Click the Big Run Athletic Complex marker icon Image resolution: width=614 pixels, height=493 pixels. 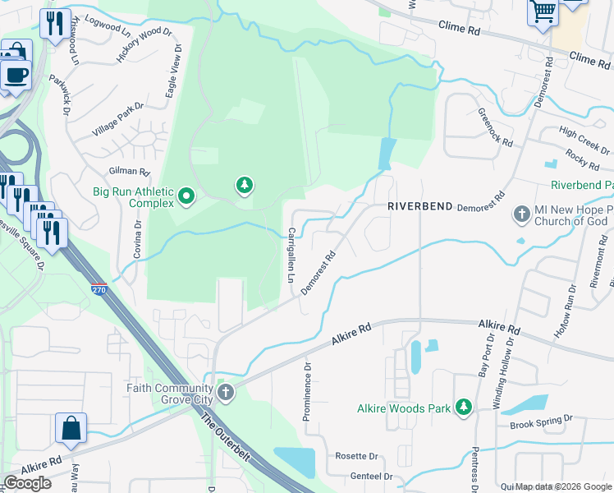coord(186,196)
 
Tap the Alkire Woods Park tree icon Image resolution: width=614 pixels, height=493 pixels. coord(464,408)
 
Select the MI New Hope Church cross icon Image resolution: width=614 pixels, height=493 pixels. coord(520,214)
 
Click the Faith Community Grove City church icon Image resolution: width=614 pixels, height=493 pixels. coord(226,393)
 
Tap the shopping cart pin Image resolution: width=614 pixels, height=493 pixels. coord(543,12)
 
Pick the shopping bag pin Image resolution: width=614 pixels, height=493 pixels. coord(71,428)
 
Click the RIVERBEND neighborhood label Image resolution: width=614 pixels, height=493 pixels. coord(419,207)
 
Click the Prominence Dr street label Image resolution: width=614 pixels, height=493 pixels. coord(307,393)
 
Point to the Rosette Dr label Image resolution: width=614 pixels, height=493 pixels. coord(356,456)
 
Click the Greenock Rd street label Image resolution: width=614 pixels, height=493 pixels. coord(496,127)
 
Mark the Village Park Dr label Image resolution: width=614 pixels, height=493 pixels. coord(117,119)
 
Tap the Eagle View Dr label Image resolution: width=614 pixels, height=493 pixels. coord(173,76)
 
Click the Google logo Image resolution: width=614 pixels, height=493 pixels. coord(27,483)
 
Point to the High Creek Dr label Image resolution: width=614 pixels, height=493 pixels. coord(584,140)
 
